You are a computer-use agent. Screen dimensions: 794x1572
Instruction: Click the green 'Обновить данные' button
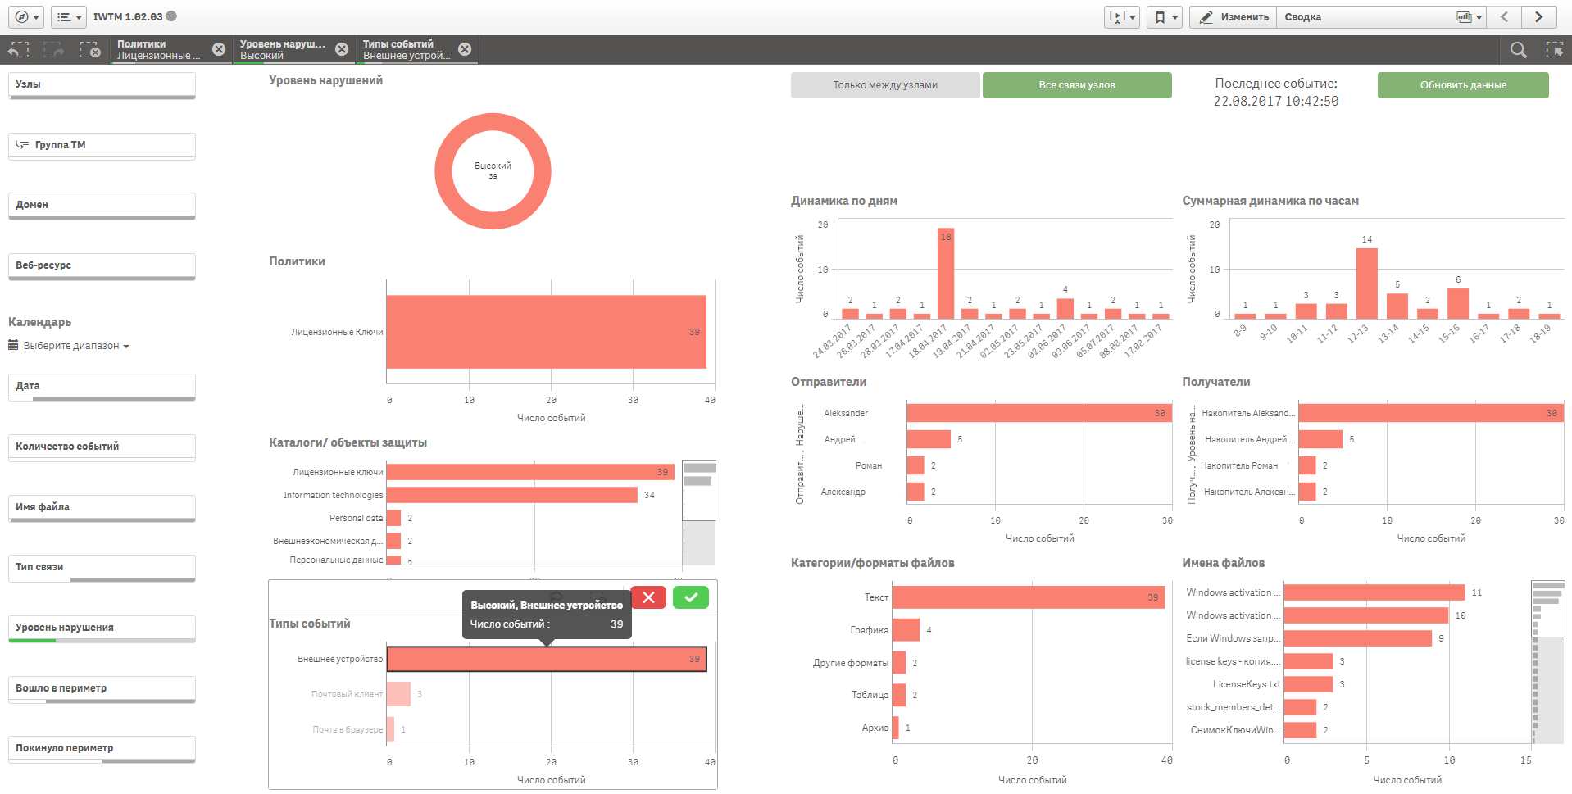pos(1462,85)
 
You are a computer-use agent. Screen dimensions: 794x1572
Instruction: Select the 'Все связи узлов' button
pos(1076,85)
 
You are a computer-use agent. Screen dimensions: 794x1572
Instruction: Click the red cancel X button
pos(648,597)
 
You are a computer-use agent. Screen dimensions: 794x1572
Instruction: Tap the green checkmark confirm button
pos(690,597)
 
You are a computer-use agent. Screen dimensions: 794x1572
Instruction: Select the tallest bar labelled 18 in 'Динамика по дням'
pos(946,274)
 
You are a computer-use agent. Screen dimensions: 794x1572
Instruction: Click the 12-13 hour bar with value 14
pos(1366,284)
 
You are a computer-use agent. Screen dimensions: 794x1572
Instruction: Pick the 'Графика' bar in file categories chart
pos(906,630)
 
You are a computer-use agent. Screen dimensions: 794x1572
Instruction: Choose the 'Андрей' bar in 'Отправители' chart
pos(928,439)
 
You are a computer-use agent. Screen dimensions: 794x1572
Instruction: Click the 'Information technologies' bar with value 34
pos(511,495)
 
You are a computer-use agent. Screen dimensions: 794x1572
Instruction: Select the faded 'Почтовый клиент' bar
pos(398,694)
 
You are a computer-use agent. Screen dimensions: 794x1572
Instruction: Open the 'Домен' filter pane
pos(102,205)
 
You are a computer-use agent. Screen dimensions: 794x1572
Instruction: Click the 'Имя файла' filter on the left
pos(102,507)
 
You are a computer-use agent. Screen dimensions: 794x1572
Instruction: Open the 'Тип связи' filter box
pos(102,567)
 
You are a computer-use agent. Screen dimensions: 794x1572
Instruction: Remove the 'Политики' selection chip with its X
pos(219,49)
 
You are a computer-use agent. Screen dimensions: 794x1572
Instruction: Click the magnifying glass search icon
pos(1518,50)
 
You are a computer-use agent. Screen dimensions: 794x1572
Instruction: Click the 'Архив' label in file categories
pos(875,728)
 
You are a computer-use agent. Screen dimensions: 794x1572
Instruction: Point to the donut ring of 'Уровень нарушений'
pos(443,171)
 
